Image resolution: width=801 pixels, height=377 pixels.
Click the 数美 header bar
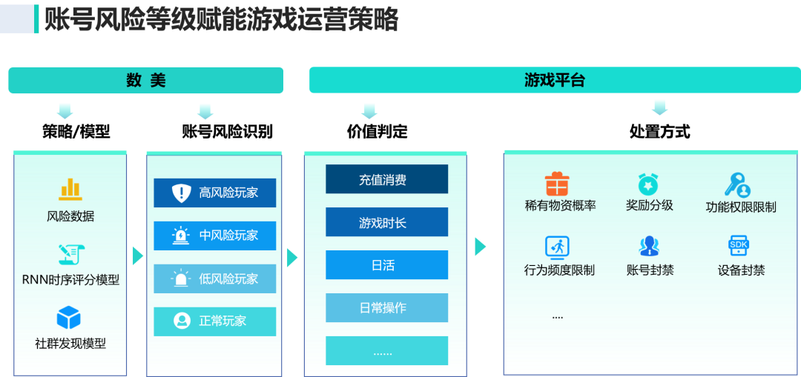pyautogui.click(x=145, y=81)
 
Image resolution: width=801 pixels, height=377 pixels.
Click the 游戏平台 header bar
pyautogui.click(x=554, y=81)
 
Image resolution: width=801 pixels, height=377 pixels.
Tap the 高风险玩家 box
pyautogui.click(x=215, y=193)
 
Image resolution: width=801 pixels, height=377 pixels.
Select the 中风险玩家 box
pyautogui.click(x=215, y=236)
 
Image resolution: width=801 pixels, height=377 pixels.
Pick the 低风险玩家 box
pyautogui.click(x=215, y=278)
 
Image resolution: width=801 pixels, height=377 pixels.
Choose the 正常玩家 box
pyautogui.click(x=215, y=321)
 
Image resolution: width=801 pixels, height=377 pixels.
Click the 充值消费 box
pyautogui.click(x=386, y=180)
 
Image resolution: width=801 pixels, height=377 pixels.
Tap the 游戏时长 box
pyautogui.click(x=386, y=222)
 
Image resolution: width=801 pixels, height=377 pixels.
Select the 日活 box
pyautogui.click(x=386, y=265)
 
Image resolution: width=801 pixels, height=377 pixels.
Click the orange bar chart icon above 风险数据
pyautogui.click(x=70, y=189)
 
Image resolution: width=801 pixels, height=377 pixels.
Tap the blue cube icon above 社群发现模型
pyautogui.click(x=69, y=318)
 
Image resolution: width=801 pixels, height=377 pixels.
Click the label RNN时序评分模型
pyautogui.click(x=70, y=280)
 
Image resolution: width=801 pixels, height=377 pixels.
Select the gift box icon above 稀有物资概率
pyautogui.click(x=557, y=184)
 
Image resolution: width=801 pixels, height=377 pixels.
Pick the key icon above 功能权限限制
pyautogui.click(x=738, y=184)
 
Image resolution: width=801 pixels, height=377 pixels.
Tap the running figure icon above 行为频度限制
pyautogui.click(x=557, y=246)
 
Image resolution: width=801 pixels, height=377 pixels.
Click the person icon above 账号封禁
pyautogui.click(x=649, y=246)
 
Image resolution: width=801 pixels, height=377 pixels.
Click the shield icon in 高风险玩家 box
pyautogui.click(x=182, y=193)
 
